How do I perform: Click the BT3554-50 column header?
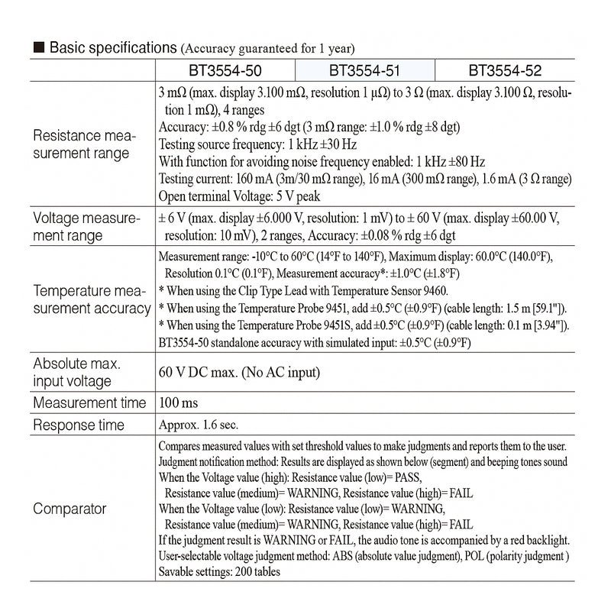[225, 71]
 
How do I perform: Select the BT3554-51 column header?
[364, 71]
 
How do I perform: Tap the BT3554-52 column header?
[505, 71]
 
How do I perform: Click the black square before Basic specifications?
[38, 48]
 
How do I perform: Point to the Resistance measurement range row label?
[85, 144]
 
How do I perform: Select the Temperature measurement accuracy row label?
[92, 299]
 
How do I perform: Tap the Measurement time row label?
[89, 402]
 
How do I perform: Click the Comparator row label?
[70, 509]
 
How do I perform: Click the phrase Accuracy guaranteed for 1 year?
[267, 49]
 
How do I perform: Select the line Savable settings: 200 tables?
[219, 571]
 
